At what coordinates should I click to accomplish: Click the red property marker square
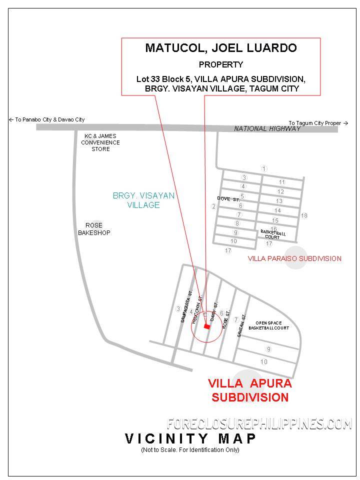207,326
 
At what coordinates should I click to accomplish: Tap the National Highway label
267,129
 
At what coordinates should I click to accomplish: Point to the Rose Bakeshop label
94,229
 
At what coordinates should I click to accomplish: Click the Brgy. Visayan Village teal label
143,200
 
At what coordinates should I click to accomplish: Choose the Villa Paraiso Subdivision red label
294,258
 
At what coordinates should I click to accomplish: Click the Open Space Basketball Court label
272,325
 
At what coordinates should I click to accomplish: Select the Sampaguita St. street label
186,306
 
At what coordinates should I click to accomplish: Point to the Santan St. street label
242,325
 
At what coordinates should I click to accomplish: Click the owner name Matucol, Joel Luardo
220,48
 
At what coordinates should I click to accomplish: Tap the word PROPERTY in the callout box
220,64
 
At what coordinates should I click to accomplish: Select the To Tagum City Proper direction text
317,123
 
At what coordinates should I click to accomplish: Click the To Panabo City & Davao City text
47,120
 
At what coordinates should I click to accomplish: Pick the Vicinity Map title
190,439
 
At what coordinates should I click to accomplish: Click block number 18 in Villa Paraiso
304,215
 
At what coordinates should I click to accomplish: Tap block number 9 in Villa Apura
268,349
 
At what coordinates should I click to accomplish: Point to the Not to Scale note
190,450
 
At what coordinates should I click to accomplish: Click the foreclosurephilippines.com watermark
259,424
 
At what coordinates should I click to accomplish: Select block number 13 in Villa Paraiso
279,201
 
